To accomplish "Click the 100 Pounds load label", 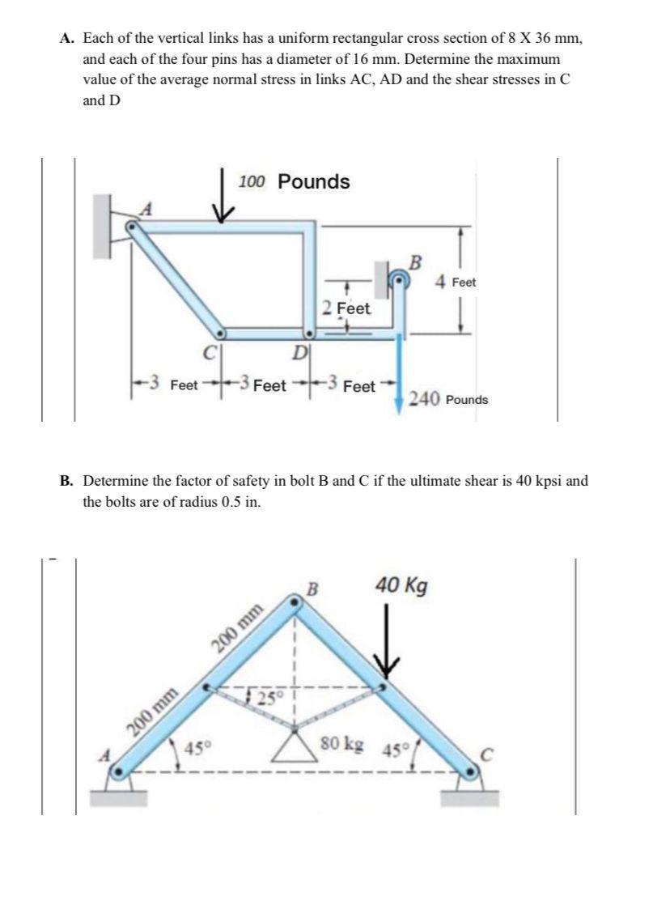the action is [x=295, y=181].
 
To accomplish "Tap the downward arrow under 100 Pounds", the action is [x=224, y=199].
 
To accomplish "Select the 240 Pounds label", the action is [x=449, y=398].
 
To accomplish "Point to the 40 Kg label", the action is [x=401, y=584].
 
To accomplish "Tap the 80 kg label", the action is [x=341, y=742].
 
